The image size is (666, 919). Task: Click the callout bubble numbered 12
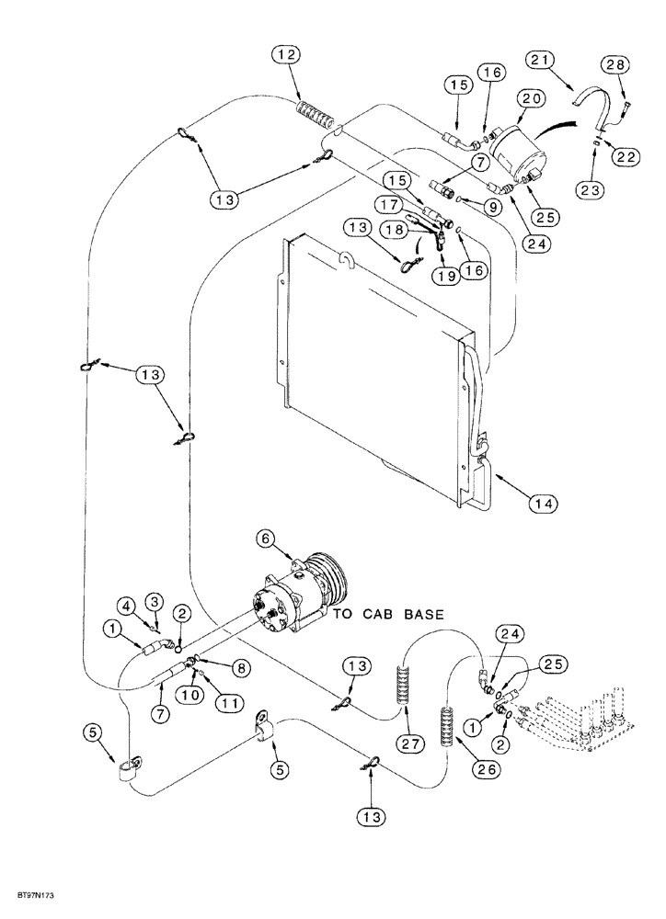pyautogui.click(x=286, y=56)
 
